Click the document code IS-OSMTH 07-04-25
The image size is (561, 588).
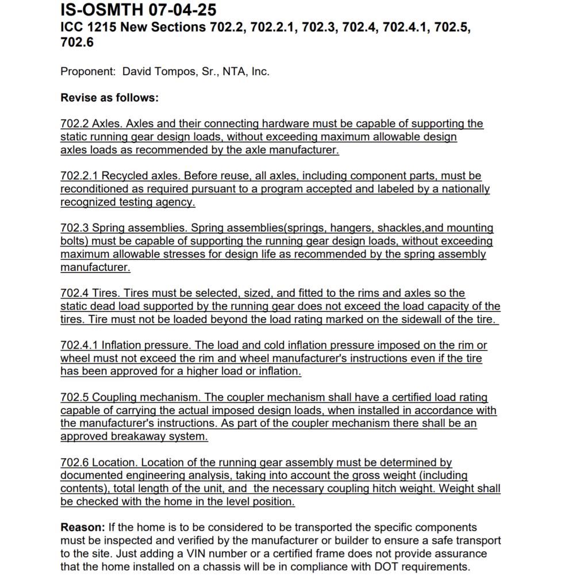138,10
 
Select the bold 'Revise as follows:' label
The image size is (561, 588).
109,98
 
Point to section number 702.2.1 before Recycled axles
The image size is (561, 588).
79,176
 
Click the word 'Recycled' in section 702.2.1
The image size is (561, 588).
122,176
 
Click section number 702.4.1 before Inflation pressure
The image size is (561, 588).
79,346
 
